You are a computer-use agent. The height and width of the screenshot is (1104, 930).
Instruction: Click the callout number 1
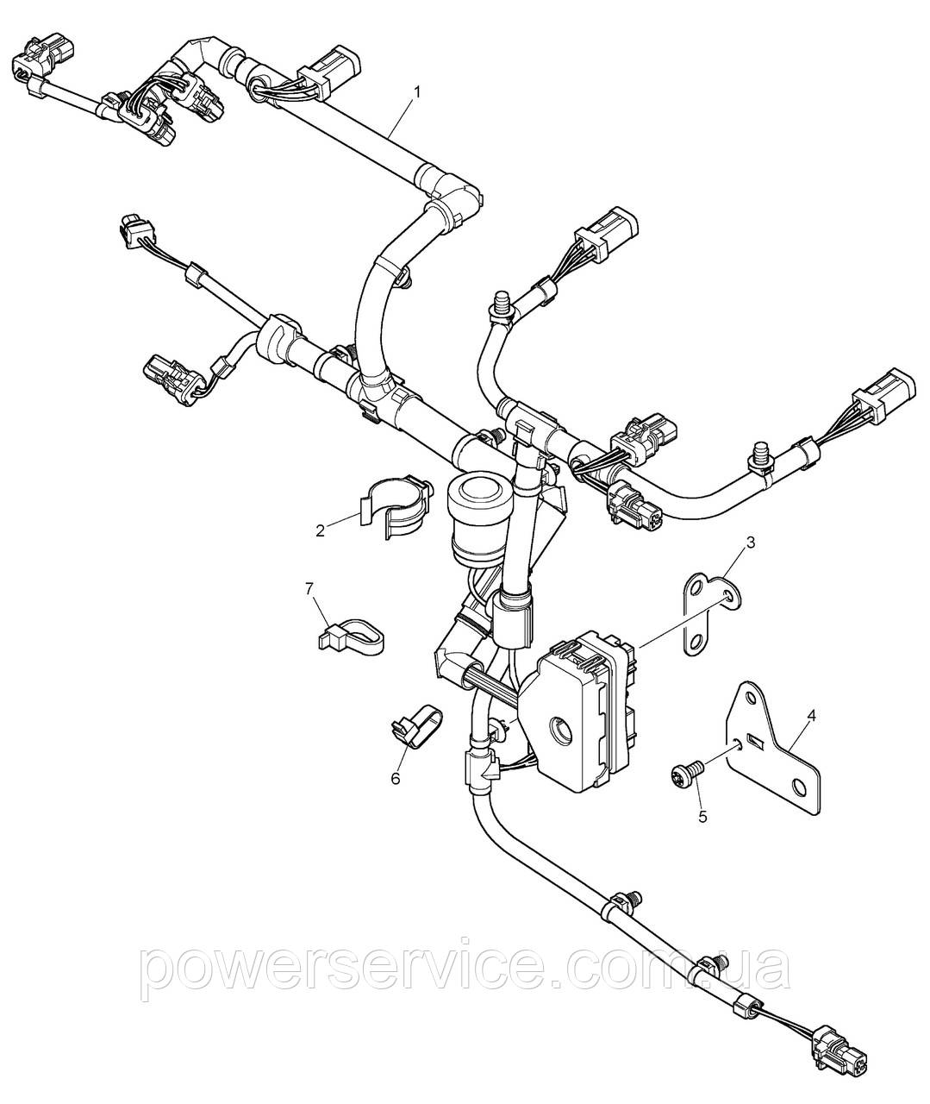click(417, 92)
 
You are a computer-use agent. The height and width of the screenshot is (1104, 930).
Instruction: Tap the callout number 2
click(321, 530)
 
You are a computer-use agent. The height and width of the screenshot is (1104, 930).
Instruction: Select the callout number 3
click(751, 543)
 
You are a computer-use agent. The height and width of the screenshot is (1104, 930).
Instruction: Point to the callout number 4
click(811, 716)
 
